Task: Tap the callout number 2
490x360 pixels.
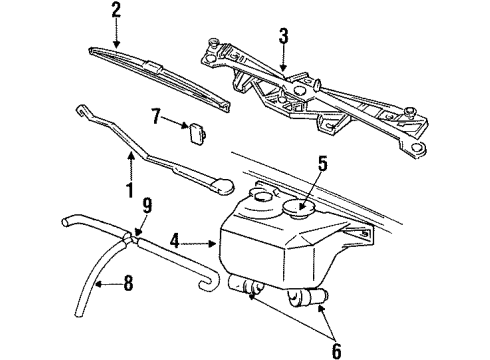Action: pos(116,12)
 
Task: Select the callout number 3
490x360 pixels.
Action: pos(283,39)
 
